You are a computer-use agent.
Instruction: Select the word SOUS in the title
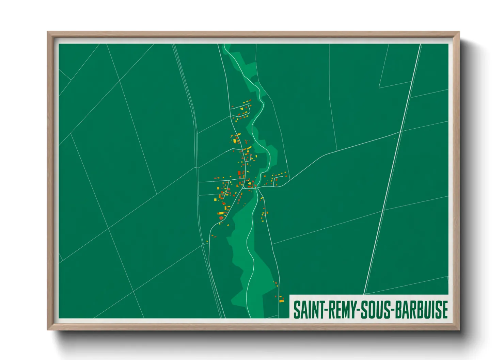[375, 310]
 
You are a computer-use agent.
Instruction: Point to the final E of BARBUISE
[444, 310]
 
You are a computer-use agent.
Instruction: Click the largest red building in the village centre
[239, 174]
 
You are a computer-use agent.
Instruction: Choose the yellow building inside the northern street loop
[242, 109]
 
